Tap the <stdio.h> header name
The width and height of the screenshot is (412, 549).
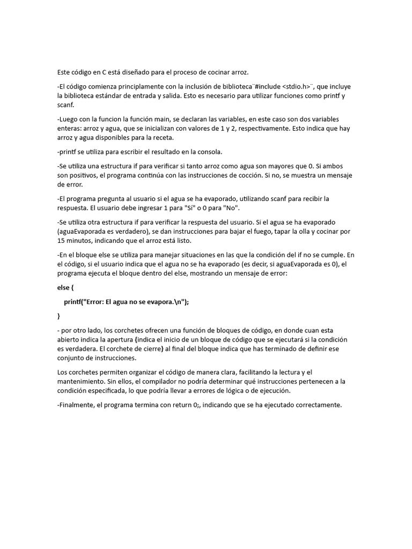[x=297, y=86]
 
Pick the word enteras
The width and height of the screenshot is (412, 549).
[x=69, y=129]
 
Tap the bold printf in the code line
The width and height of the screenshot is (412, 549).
[x=74, y=301]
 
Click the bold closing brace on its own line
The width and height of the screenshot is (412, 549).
[x=59, y=316]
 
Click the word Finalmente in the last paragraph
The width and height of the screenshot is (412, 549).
[x=79, y=405]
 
